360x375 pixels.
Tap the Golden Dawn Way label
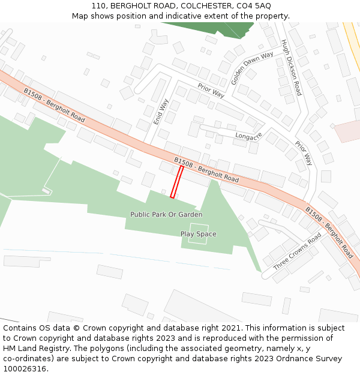(x=252, y=67)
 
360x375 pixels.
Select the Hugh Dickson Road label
(x=292, y=67)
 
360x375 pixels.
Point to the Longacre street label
(x=249, y=136)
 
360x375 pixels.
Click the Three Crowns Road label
(x=297, y=251)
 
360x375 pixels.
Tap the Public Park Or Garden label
(x=166, y=214)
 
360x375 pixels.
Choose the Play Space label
(x=199, y=234)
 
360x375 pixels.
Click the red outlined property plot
(x=177, y=182)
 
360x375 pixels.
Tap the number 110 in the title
(x=100, y=5)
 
